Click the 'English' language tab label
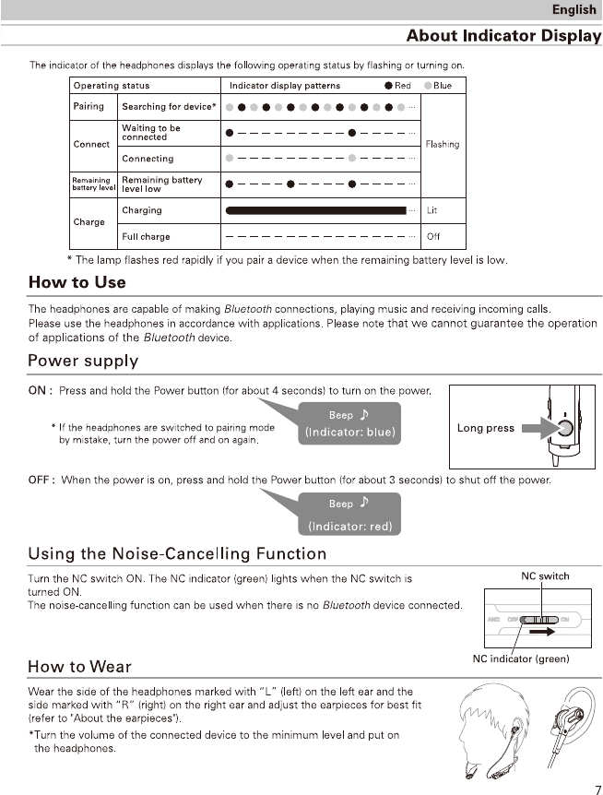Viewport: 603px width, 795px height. tap(573, 10)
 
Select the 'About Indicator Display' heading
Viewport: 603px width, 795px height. tap(503, 36)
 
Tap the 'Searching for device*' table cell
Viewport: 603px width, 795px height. tap(169, 107)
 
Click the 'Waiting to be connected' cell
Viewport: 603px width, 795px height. tap(151, 133)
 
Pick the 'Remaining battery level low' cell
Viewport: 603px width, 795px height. tap(161, 184)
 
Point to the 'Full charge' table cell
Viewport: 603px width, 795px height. tap(146, 236)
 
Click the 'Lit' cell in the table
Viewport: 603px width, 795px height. tap(432, 210)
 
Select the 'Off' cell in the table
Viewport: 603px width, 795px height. tap(433, 236)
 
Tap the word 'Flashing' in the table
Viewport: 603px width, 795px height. tap(443, 145)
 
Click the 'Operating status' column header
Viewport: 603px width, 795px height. tap(112, 86)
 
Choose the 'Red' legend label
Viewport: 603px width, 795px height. tap(402, 86)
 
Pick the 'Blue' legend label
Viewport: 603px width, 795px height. tap(443, 86)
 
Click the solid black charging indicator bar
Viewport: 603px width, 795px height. tap(315, 210)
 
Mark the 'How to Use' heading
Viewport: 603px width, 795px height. tap(77, 282)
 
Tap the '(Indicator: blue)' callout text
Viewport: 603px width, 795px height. tap(349, 432)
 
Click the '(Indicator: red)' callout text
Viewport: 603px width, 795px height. tap(349, 527)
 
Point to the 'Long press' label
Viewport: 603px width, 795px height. tap(485, 428)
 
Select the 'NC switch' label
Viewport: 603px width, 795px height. tap(545, 576)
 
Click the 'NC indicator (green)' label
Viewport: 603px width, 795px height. tap(521, 659)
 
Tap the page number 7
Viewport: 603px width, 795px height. tap(595, 787)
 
